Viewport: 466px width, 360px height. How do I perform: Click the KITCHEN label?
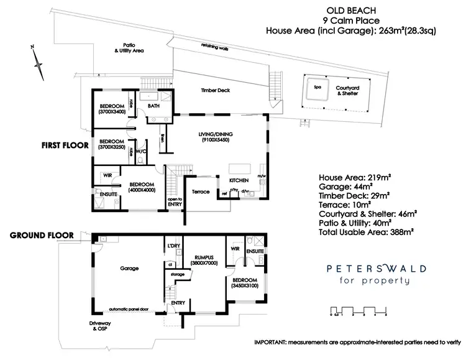tap(239, 180)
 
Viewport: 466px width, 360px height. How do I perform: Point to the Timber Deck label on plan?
tap(215, 91)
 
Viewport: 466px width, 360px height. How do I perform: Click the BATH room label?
tap(154, 106)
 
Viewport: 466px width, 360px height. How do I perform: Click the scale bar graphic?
tap(360, 310)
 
